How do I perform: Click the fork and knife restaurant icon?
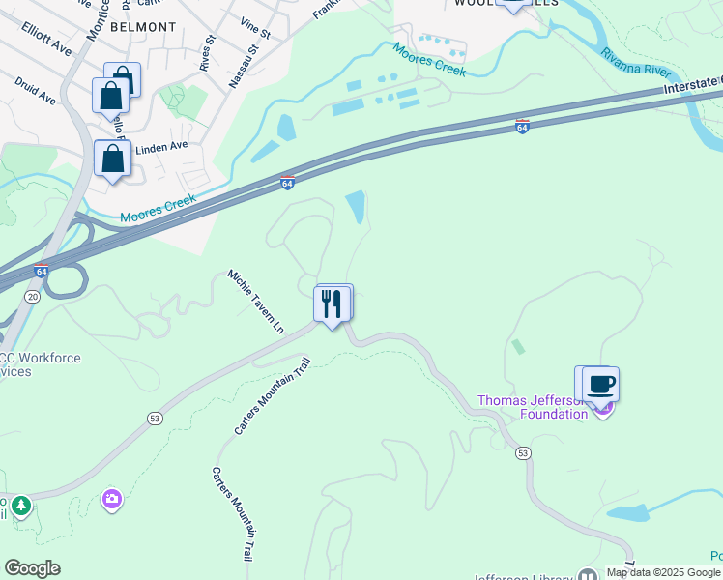[333, 304]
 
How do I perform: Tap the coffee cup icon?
[600, 385]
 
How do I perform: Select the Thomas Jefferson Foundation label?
[535, 407]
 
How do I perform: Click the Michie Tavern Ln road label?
[257, 301]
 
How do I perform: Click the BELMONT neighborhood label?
[143, 27]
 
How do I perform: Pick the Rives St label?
[205, 54]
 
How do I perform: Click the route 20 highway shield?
[33, 297]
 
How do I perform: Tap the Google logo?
[31, 568]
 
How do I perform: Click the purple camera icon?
[111, 499]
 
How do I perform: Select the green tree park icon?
[20, 505]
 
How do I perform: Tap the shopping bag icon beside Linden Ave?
[112, 159]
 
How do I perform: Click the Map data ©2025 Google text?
[664, 572]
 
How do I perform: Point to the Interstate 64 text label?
[692, 85]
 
